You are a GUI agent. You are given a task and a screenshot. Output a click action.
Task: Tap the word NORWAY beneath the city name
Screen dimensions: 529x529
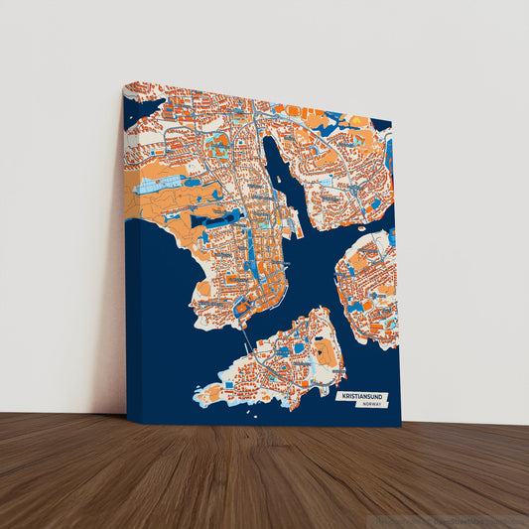click(373, 405)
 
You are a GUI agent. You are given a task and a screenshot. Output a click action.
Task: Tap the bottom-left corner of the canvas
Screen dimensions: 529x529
click(128, 423)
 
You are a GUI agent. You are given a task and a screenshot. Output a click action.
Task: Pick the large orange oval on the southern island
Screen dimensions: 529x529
click(325, 349)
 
